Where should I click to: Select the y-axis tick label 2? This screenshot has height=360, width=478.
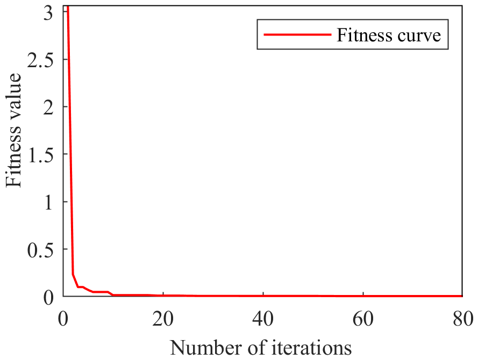pyautogui.click(x=48, y=107)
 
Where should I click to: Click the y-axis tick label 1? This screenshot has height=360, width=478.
pyautogui.click(x=48, y=201)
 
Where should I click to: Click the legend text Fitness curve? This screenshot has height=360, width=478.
pyautogui.click(x=389, y=35)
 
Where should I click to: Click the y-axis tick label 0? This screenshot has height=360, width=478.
pyautogui.click(x=48, y=296)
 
